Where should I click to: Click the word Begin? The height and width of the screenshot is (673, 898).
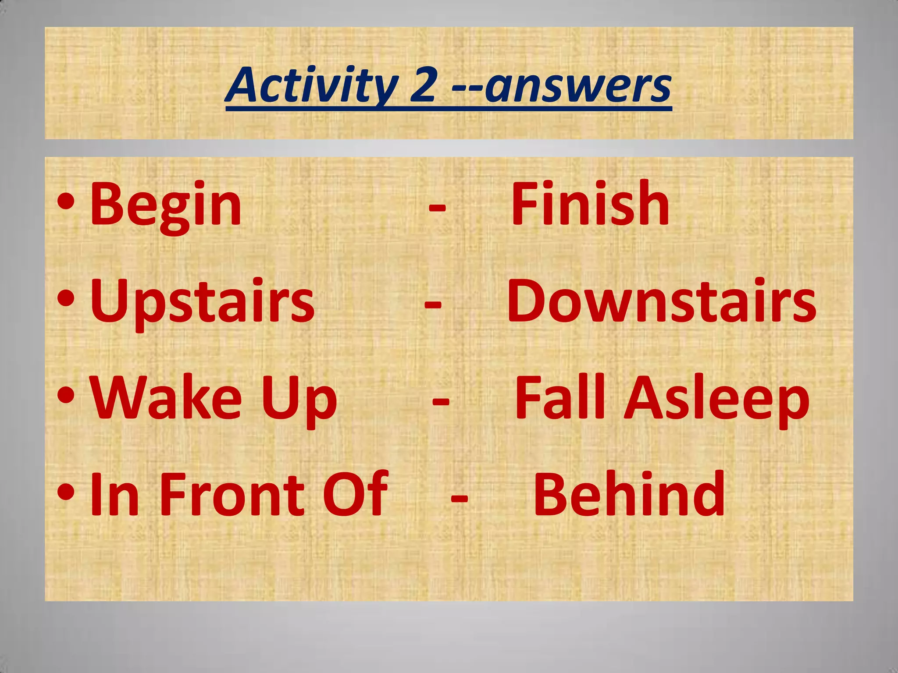[x=165, y=205]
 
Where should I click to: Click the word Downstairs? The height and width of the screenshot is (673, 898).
[x=662, y=301]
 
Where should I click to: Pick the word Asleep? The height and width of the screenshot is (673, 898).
[x=716, y=401]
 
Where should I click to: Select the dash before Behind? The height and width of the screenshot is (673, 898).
[x=459, y=498]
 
